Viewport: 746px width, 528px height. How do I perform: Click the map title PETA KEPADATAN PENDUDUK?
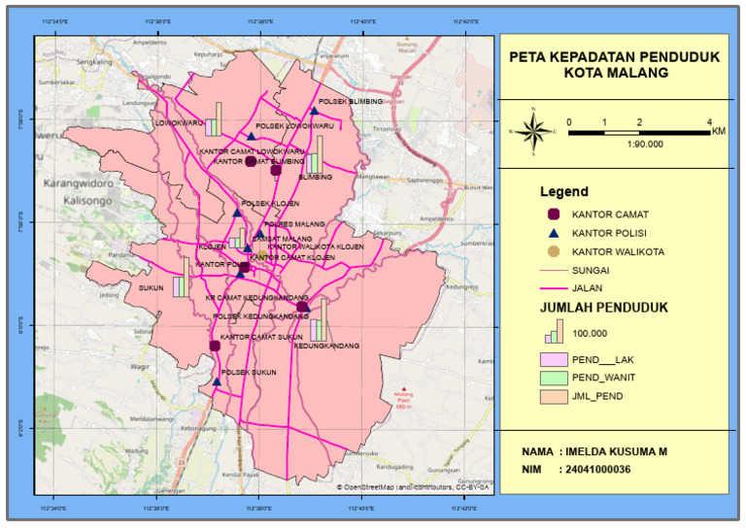[x=614, y=57]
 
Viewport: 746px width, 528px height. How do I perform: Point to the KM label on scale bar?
[x=718, y=130]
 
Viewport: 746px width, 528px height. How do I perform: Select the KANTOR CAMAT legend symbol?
[x=555, y=214]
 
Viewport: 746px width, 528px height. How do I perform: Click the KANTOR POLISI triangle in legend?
[x=555, y=233]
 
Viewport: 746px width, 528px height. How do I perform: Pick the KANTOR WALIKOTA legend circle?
[x=555, y=252]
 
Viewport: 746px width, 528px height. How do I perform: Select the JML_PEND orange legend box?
[x=554, y=396]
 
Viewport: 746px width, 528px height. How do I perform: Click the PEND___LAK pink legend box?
[x=554, y=359]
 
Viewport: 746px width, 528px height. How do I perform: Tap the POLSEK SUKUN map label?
[x=244, y=372]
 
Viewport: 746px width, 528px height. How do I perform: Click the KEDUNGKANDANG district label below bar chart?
[x=326, y=346]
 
